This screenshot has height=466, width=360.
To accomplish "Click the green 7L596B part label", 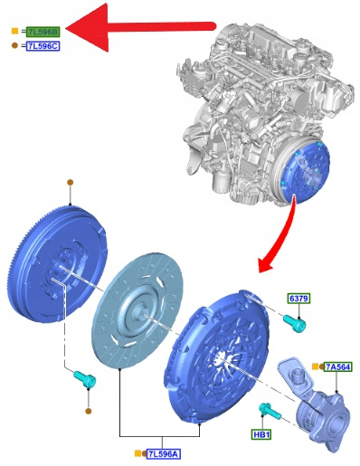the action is tap(43, 32).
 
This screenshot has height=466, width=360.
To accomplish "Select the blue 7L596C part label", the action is tap(43, 46).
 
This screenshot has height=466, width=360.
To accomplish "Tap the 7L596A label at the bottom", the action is tap(164, 454).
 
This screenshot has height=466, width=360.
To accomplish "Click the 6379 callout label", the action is tap(298, 299).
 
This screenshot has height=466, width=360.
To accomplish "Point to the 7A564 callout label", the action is tap(337, 366).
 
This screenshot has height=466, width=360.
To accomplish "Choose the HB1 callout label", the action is tap(261, 434).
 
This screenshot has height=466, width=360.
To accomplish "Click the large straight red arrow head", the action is tap(88, 28).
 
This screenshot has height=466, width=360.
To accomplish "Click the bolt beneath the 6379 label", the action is tap(295, 323).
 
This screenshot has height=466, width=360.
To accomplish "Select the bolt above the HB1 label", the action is tap(270, 412).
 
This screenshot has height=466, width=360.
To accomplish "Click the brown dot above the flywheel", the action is tap(70, 183).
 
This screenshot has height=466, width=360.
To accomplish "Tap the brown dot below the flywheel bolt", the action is tap(88, 411).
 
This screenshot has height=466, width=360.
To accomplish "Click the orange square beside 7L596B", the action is tap(14, 31).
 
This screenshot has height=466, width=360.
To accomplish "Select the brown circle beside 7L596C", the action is tap(14, 45).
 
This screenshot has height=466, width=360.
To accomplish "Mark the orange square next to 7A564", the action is tap(316, 366).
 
